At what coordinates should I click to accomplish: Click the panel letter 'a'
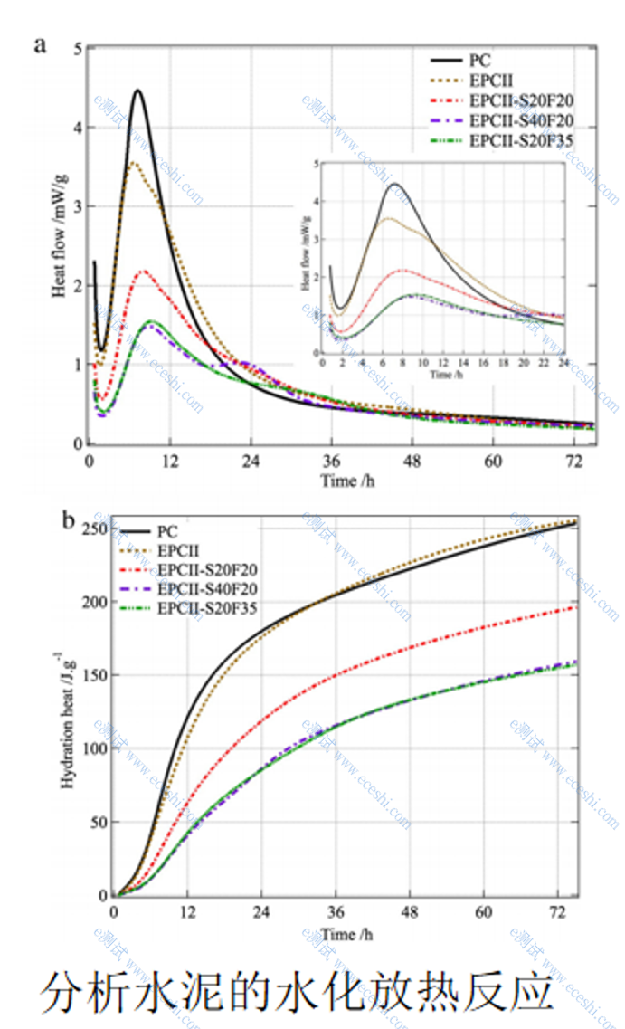point(41,45)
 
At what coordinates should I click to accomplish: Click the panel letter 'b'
point(68,519)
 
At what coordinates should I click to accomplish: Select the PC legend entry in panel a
point(480,61)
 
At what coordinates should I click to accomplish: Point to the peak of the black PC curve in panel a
point(137,91)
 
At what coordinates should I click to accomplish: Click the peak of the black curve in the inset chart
point(395,185)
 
